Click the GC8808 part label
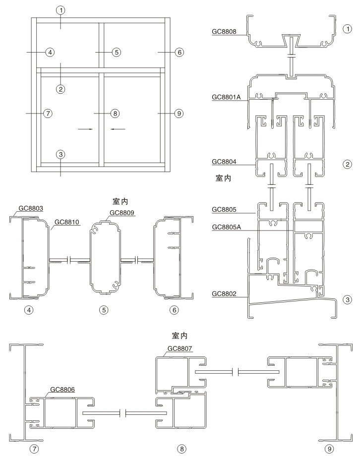223,33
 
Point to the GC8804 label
223,162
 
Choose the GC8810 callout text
65,222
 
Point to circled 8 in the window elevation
115,114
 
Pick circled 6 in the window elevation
179,52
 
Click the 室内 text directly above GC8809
121,202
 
